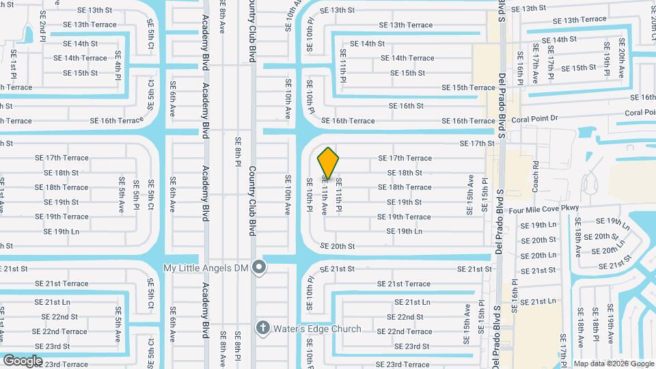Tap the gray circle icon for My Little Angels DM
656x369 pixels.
pos(258,267)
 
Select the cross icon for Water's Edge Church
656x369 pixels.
pos(262,329)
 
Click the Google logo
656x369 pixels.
pos(23,359)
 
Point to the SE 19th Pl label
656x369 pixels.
pos(607,58)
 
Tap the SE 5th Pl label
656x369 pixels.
pos(137,195)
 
